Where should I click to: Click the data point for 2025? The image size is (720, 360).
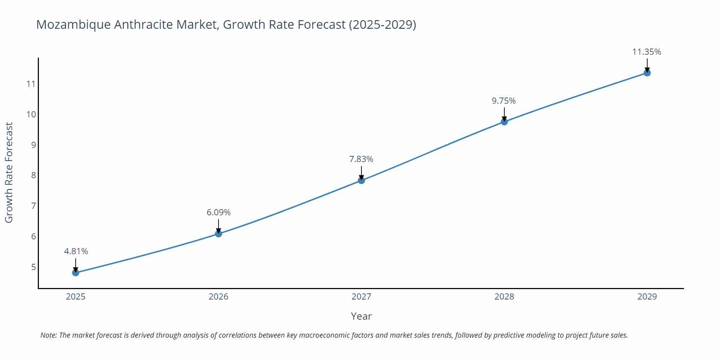pyautogui.click(x=76, y=273)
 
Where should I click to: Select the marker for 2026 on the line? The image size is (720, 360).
pyautogui.click(x=219, y=234)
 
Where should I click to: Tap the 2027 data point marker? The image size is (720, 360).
pyautogui.click(x=361, y=180)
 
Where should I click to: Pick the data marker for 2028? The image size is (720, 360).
pyautogui.click(x=504, y=122)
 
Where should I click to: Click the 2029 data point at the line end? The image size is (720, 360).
pyautogui.click(x=647, y=73)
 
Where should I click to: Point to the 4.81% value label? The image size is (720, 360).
pyautogui.click(x=76, y=251)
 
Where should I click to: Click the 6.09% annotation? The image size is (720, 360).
pyautogui.click(x=219, y=212)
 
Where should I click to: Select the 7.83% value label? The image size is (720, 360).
pyautogui.click(x=361, y=159)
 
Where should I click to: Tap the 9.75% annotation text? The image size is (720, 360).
pyautogui.click(x=504, y=101)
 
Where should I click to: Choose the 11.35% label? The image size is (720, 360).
pyautogui.click(x=647, y=52)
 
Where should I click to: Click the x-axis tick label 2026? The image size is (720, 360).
pyautogui.click(x=219, y=297)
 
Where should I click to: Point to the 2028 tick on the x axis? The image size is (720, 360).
pyautogui.click(x=504, y=297)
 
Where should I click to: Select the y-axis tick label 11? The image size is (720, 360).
pyautogui.click(x=31, y=84)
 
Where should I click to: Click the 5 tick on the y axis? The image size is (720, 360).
pyautogui.click(x=33, y=267)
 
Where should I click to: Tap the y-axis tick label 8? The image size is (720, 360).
pyautogui.click(x=33, y=175)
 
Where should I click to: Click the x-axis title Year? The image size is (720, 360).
pyautogui.click(x=361, y=316)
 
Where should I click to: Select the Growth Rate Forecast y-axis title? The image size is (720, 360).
pyautogui.click(x=9, y=172)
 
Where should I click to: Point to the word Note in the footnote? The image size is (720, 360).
pyautogui.click(x=48, y=335)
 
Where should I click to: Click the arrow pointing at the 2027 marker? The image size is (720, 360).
pyautogui.click(x=361, y=172)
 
